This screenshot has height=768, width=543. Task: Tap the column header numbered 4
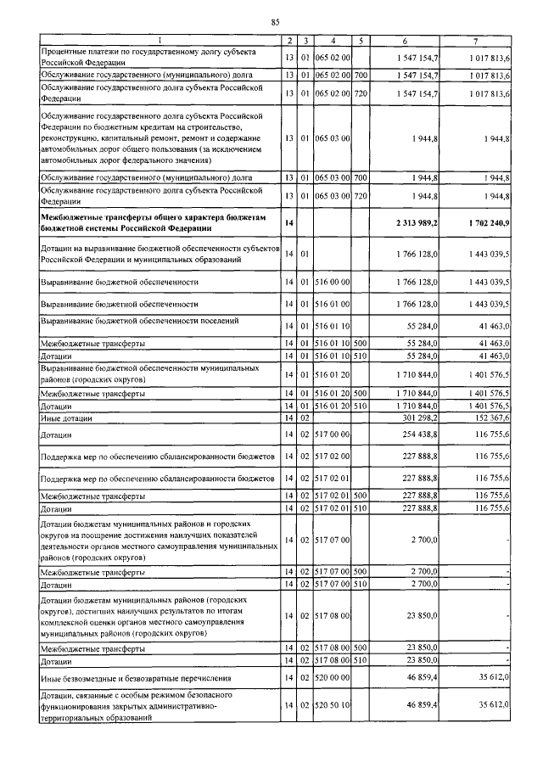(333, 41)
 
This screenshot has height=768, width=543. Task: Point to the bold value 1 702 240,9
(487, 221)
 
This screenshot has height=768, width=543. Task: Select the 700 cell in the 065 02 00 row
(361, 76)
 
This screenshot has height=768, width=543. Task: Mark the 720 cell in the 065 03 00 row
(361, 196)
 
